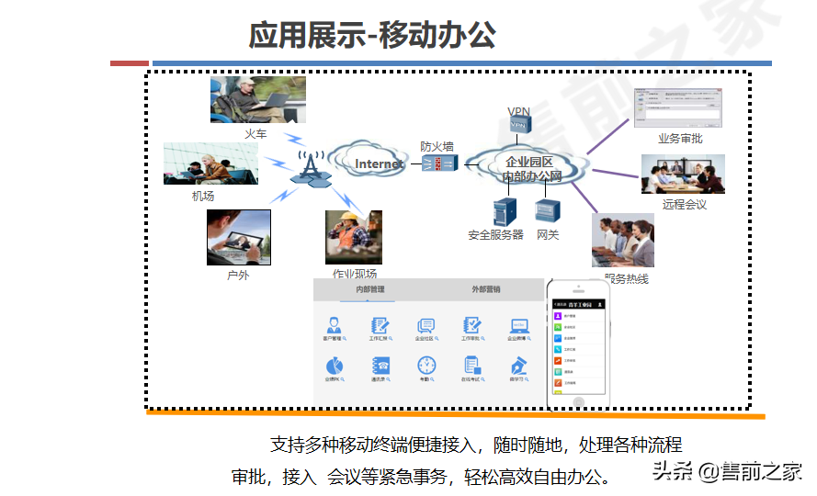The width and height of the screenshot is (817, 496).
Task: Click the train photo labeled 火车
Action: pos(257,100)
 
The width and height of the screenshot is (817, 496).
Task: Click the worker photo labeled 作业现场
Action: pos(353,237)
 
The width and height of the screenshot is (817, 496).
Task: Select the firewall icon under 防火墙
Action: pos(438,164)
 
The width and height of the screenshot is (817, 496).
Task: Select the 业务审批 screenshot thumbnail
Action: pos(677,109)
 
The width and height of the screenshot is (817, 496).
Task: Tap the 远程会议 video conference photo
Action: pos(683,175)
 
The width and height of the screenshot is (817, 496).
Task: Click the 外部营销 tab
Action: pos(486,289)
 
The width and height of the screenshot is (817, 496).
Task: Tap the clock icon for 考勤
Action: pos(426,365)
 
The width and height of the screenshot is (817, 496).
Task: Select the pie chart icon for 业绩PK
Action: pos(334,365)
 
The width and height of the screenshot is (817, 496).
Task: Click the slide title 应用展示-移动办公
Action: pos(372,35)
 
